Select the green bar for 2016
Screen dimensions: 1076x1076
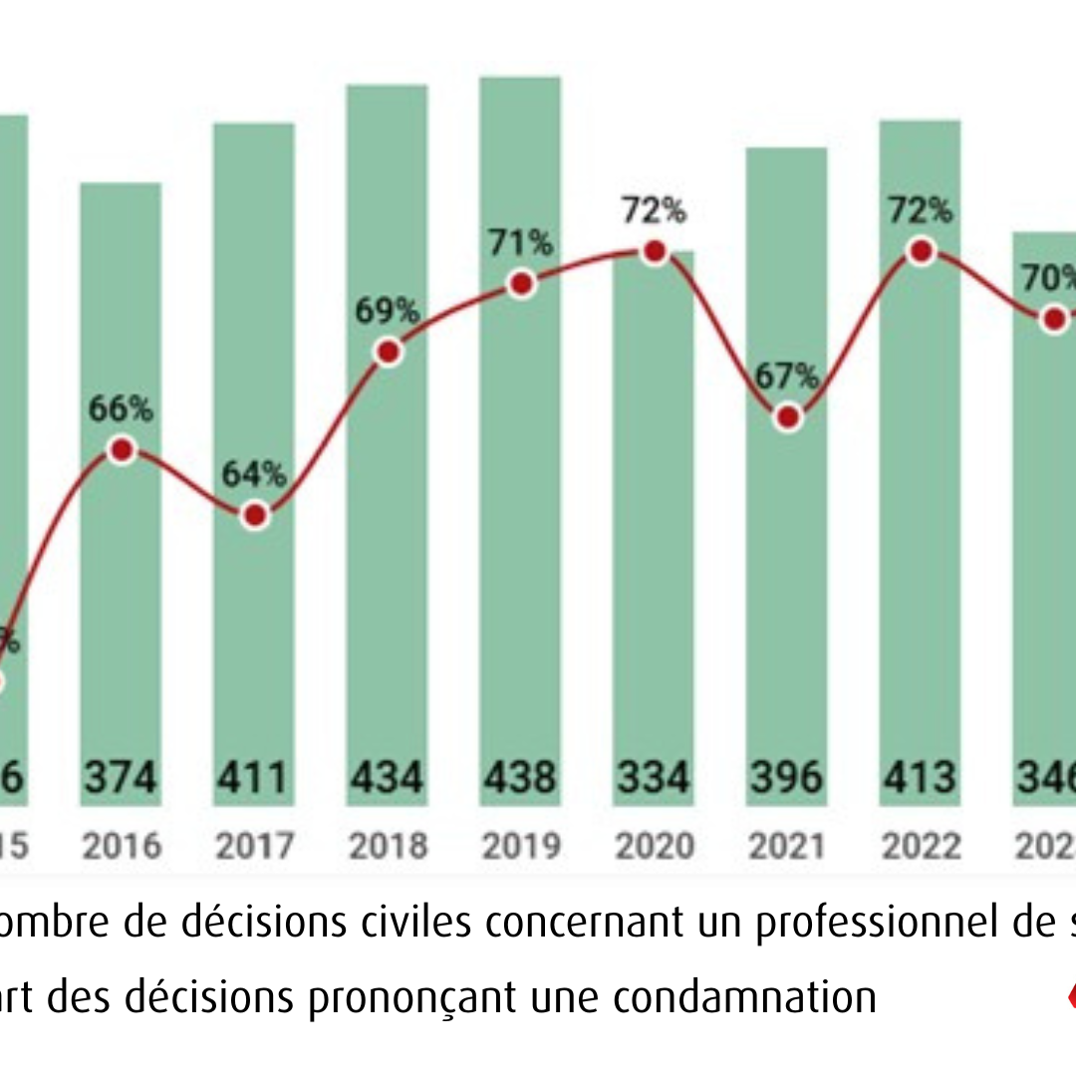[121, 598]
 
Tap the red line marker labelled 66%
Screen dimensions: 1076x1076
[122, 450]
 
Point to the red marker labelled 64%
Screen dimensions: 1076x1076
[255, 515]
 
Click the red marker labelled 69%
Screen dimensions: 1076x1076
[389, 352]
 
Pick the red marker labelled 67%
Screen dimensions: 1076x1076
[788, 417]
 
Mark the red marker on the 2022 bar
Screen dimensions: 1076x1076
[922, 252]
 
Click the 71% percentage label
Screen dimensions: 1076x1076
[519, 243]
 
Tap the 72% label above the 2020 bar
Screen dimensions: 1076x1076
[654, 211]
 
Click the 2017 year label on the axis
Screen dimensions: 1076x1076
[255, 846]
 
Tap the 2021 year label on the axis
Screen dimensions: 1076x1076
[787, 846]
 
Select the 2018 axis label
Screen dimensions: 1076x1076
[388, 846]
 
